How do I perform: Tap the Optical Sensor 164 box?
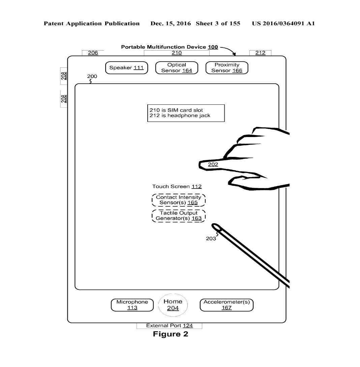click(x=177, y=68)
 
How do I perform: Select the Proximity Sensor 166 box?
click(x=227, y=68)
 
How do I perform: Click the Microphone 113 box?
click(x=132, y=305)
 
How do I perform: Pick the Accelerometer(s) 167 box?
click(x=227, y=305)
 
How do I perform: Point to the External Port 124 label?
click(x=169, y=326)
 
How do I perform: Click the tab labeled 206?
click(x=93, y=53)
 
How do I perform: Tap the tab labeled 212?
click(x=260, y=53)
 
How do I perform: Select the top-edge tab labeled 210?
click(x=177, y=53)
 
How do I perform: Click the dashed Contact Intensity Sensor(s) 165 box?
click(x=179, y=200)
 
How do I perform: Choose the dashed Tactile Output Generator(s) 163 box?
click(x=179, y=215)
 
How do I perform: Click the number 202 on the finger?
click(x=213, y=165)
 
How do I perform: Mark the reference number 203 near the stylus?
click(x=211, y=239)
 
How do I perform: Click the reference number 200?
click(x=92, y=76)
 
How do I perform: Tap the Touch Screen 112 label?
click(x=177, y=187)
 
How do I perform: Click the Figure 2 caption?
click(x=171, y=334)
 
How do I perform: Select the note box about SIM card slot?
click(x=186, y=113)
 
